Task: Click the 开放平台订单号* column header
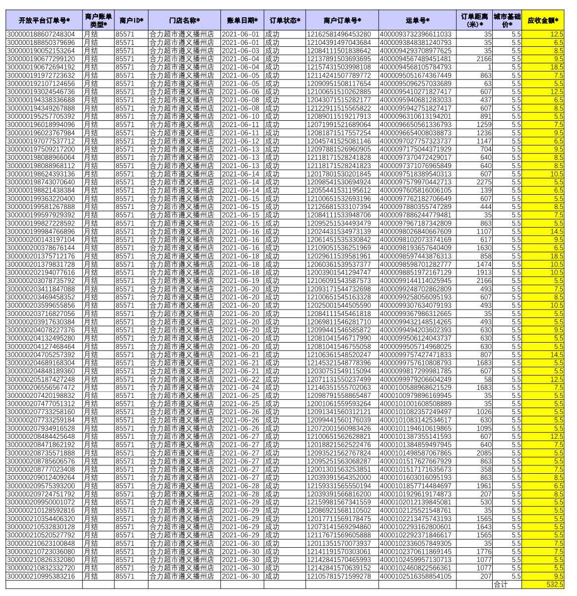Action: click(x=44, y=20)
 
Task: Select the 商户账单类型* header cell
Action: click(x=98, y=20)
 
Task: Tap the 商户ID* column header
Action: click(x=131, y=20)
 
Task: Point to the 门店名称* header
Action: click(x=184, y=20)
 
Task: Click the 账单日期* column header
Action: click(x=242, y=20)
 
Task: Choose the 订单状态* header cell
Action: click(x=285, y=20)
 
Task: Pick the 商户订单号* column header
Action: click(x=342, y=20)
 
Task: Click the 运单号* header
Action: click(x=417, y=20)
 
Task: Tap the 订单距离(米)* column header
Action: click(x=474, y=20)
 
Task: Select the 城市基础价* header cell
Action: click(x=507, y=20)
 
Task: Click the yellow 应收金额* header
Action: click(x=542, y=20)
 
